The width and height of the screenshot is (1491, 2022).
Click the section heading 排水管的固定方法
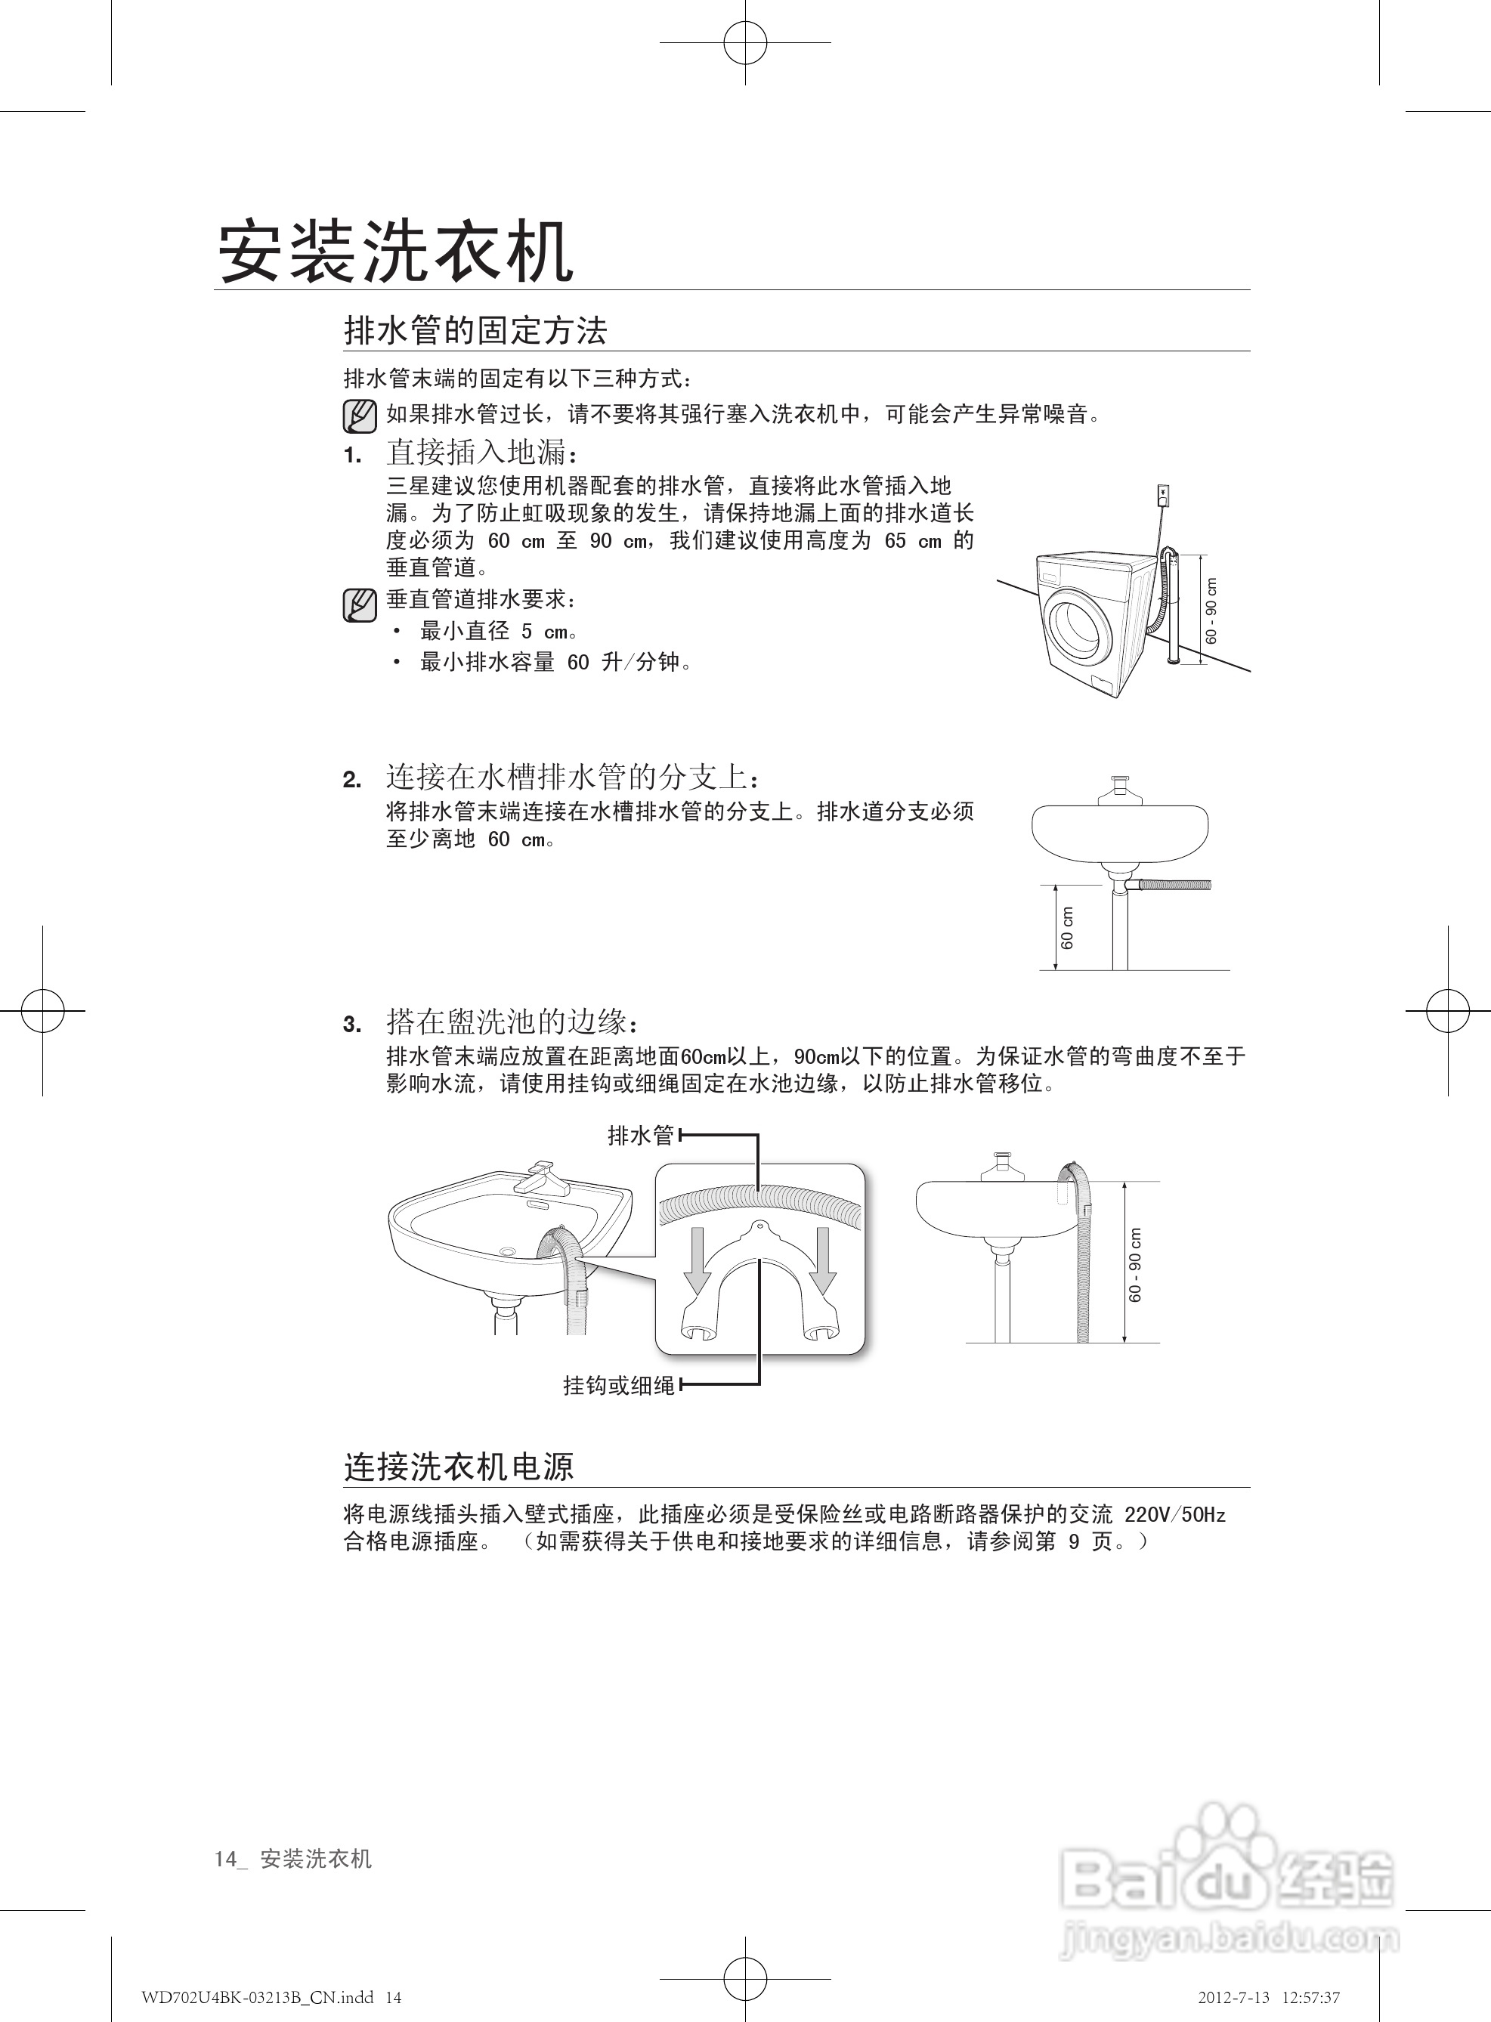point(475,330)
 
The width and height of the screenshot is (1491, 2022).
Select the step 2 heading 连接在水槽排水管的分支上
point(572,776)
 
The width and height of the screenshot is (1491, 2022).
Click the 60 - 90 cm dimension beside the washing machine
point(1211,610)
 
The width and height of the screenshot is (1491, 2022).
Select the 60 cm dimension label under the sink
point(1068,928)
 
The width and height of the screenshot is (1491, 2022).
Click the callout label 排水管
point(641,1135)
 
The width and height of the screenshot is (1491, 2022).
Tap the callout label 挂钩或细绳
point(618,1385)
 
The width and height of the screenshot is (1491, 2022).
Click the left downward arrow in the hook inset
point(697,1260)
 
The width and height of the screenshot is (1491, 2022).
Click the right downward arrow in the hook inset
point(822,1260)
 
